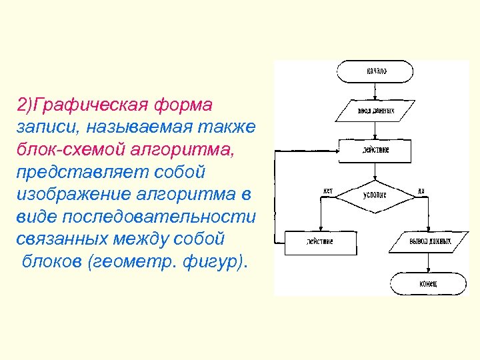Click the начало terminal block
click(375, 71)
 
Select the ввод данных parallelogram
click(375, 110)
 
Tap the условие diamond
click(375, 195)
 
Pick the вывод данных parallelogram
click(430, 240)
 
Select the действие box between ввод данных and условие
click(375, 151)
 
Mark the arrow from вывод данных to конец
click(428, 261)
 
